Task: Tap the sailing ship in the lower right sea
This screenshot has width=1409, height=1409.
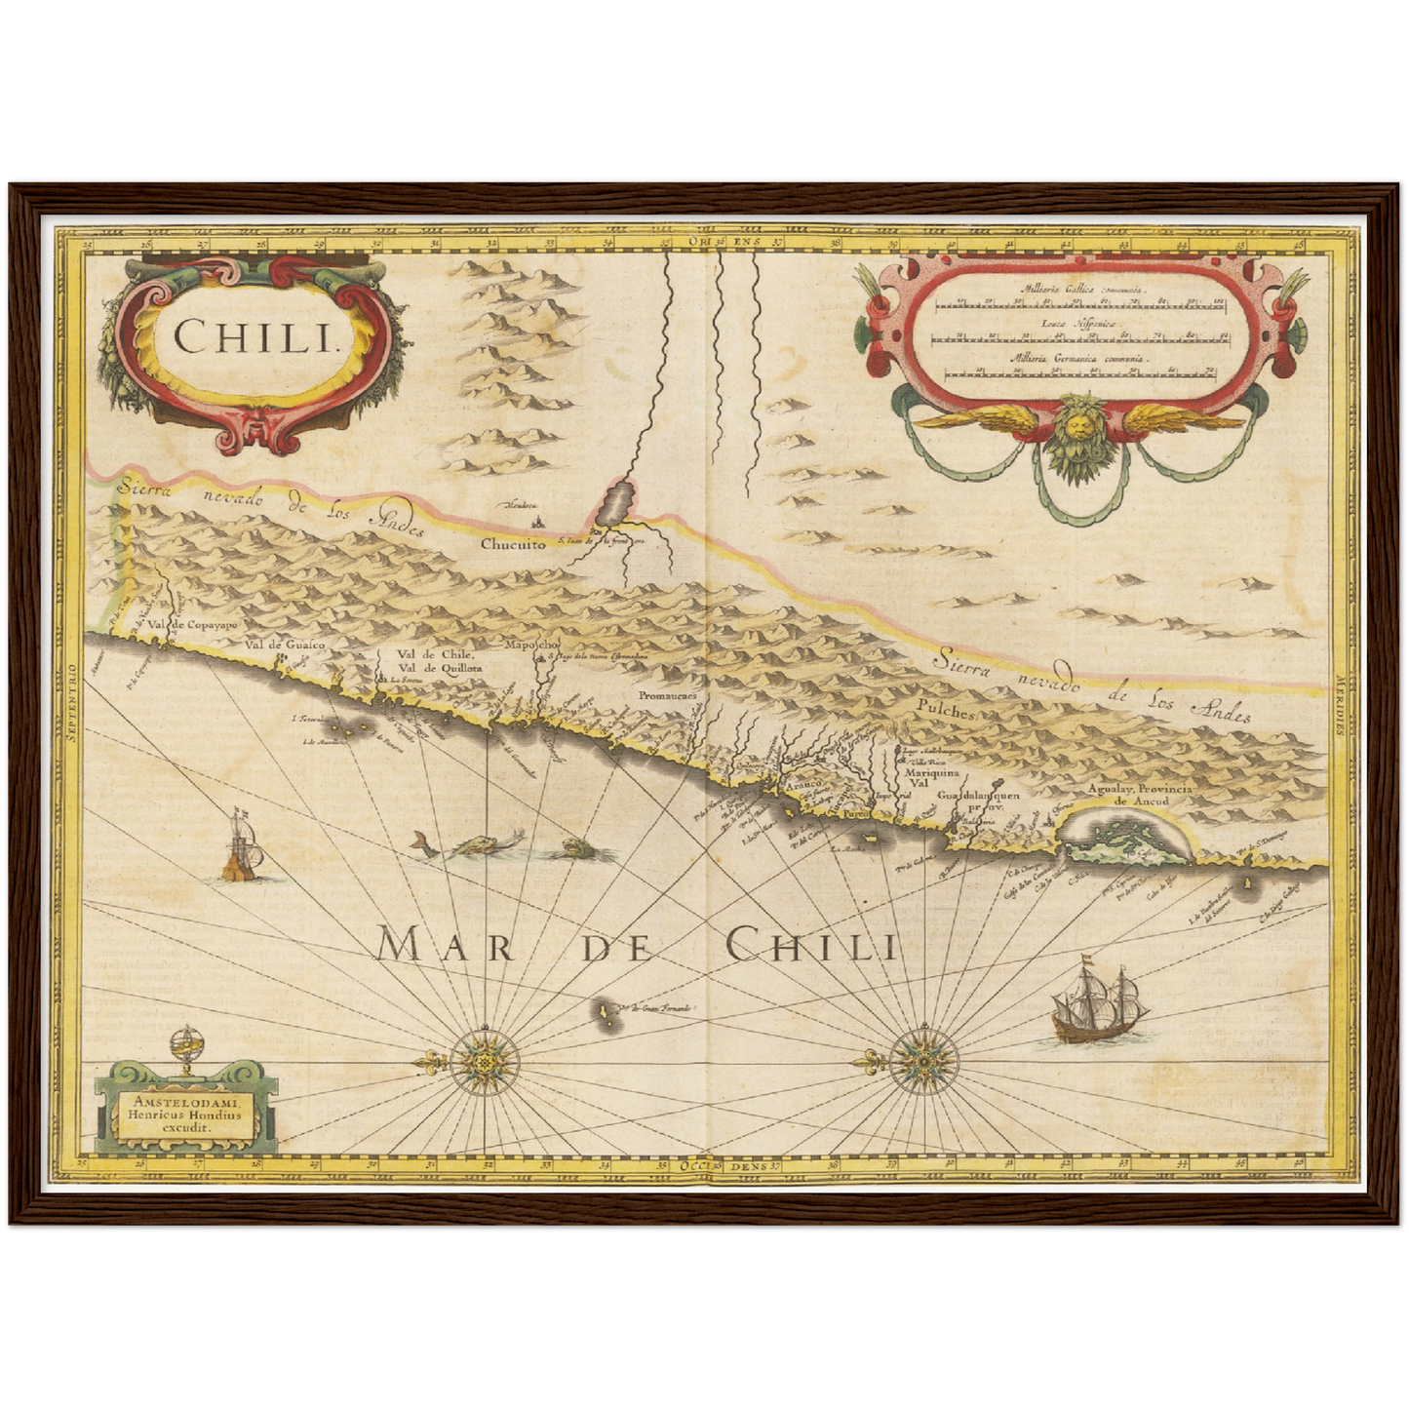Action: (1098, 1003)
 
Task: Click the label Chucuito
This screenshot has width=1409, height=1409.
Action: (513, 546)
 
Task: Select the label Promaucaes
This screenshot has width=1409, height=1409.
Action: (667, 696)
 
